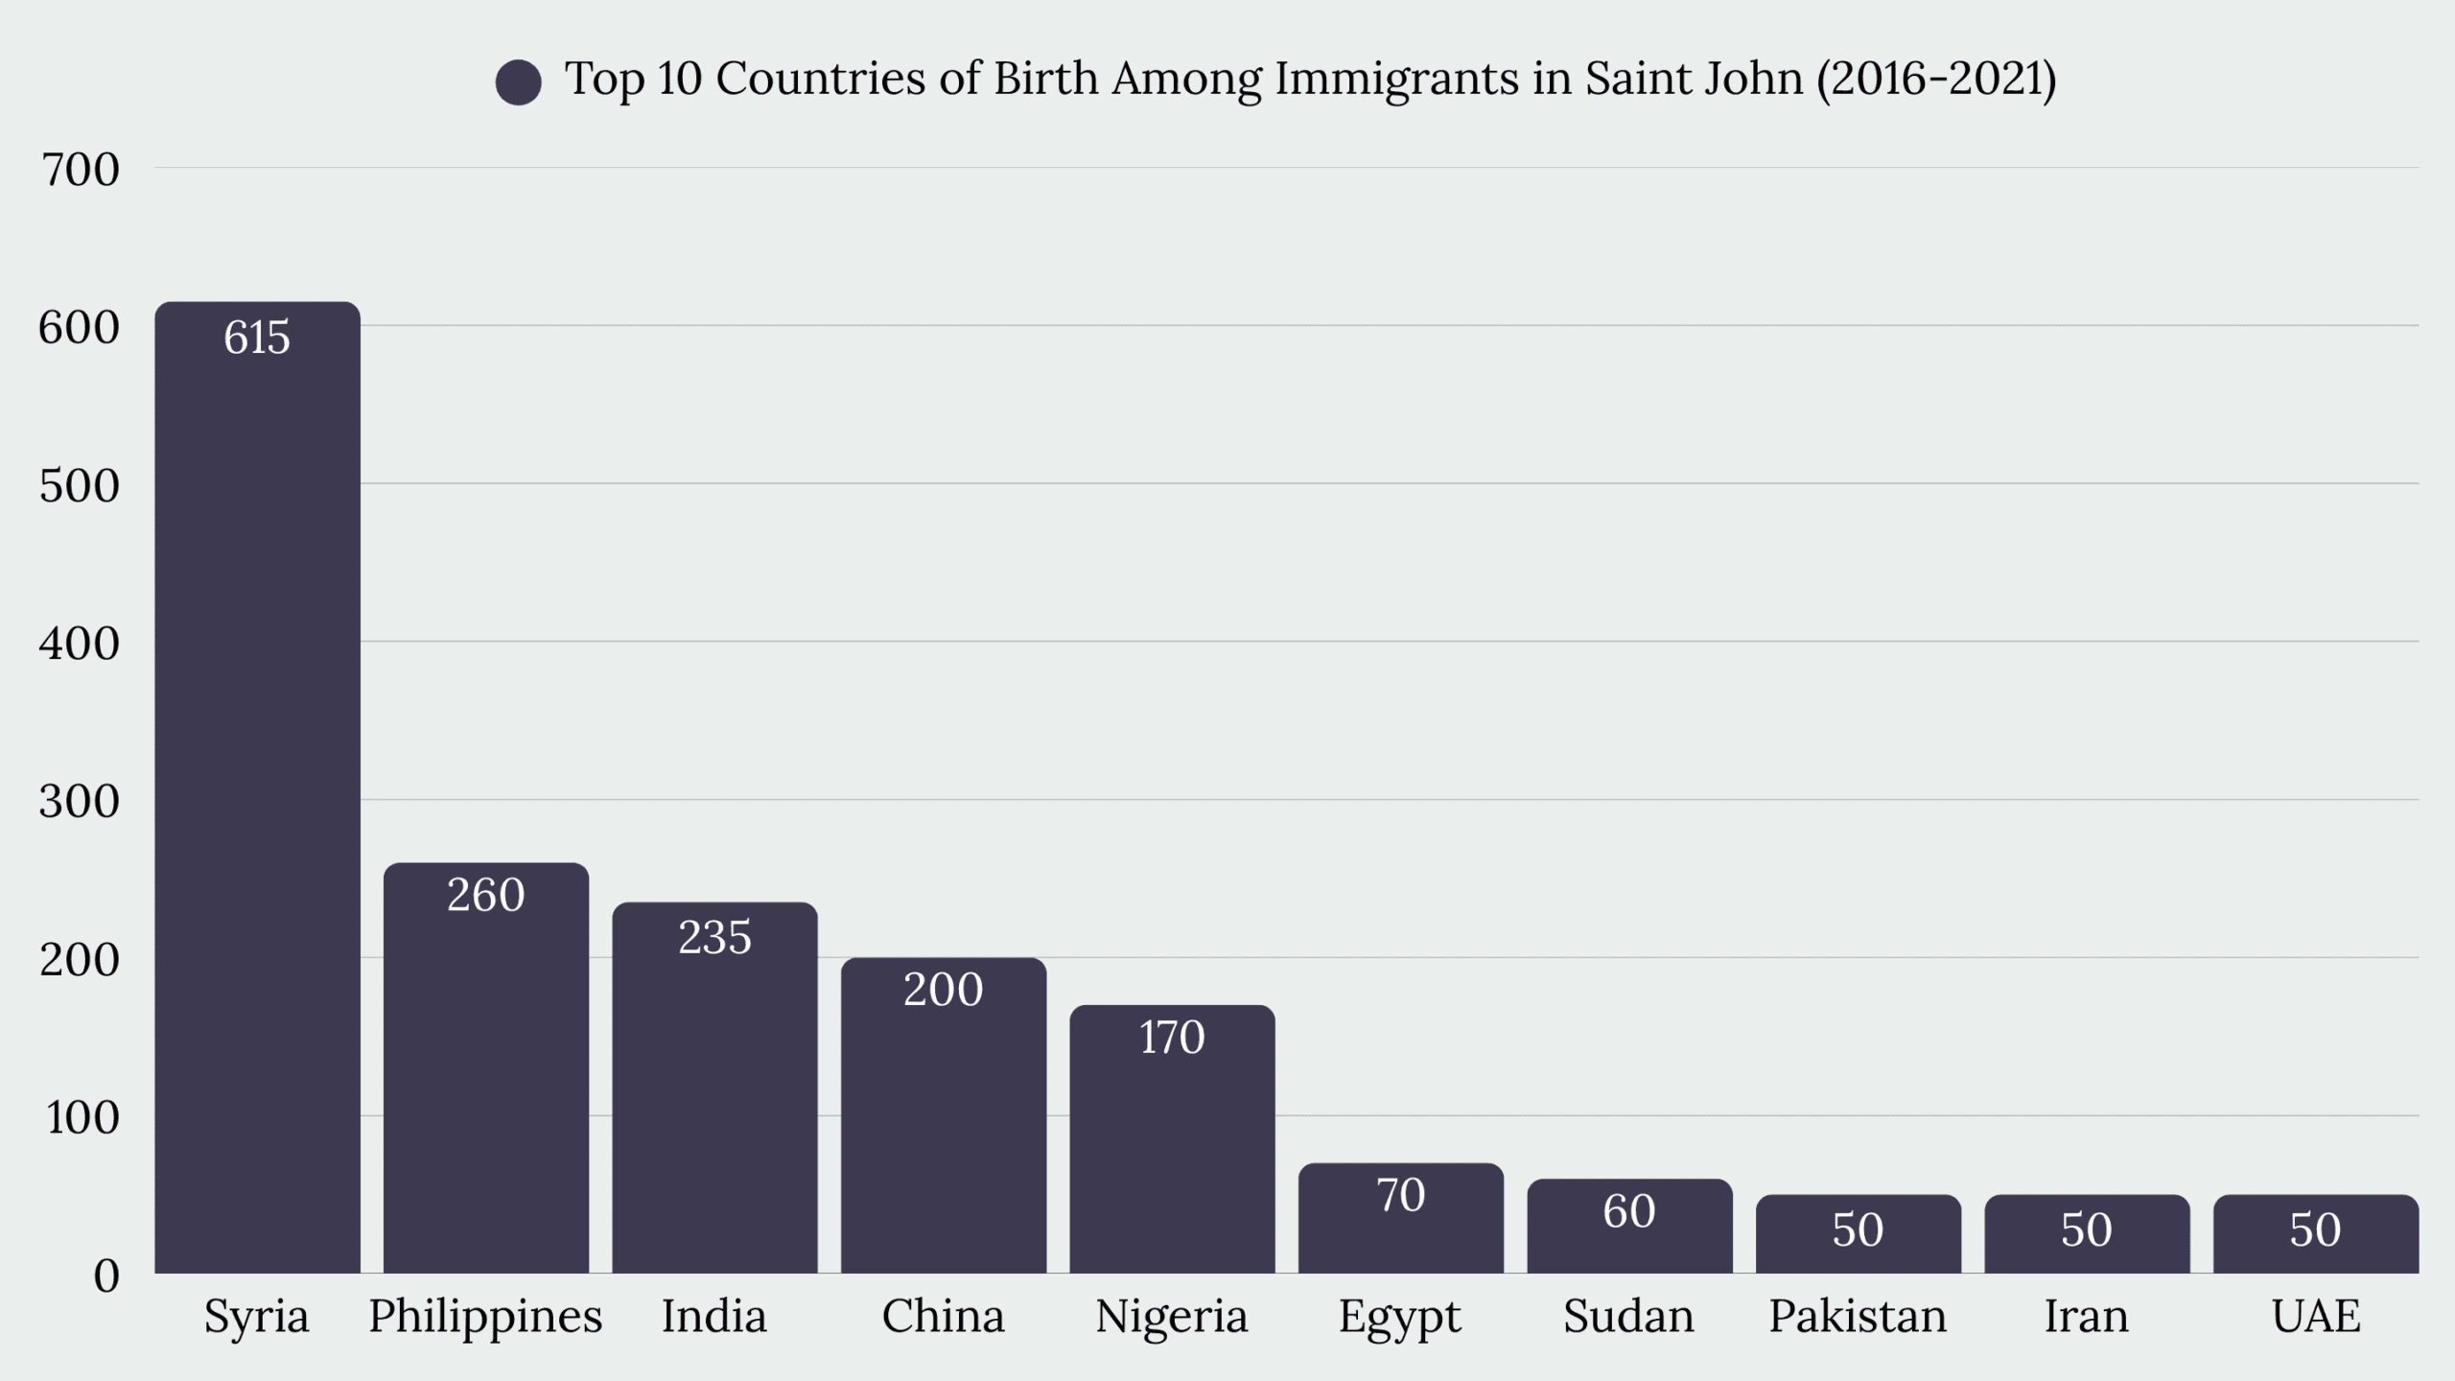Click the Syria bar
[x=257, y=786]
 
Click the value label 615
[x=257, y=338]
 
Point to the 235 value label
[x=714, y=937]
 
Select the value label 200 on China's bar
[x=944, y=989]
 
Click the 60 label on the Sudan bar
[x=1629, y=1211]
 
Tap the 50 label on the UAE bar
[x=2316, y=1229]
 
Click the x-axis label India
[x=714, y=1316]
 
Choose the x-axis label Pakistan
[x=1858, y=1316]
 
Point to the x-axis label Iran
[x=2087, y=1316]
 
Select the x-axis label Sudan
[x=1629, y=1316]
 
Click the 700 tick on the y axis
[x=80, y=170]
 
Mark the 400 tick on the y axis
[x=80, y=643]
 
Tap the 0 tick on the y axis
[x=106, y=1276]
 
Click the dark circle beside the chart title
[x=519, y=82]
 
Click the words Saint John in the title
[x=1694, y=79]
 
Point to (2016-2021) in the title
[x=1936, y=79]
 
